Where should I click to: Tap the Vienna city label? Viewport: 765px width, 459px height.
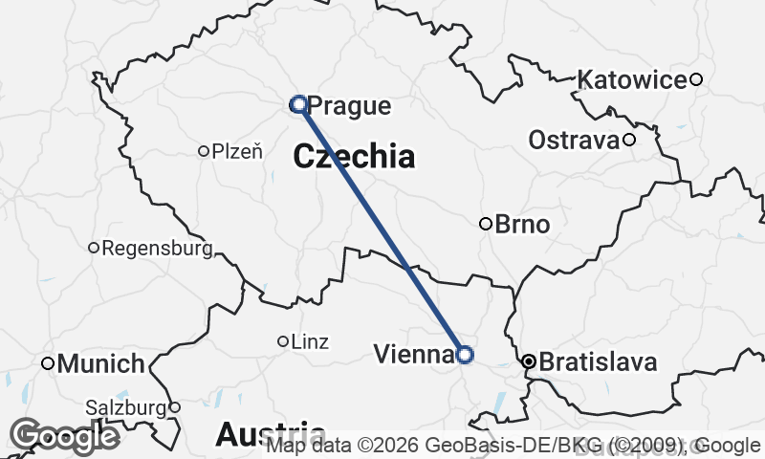[413, 355]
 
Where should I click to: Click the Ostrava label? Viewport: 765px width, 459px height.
[574, 141]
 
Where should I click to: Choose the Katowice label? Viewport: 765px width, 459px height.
[633, 79]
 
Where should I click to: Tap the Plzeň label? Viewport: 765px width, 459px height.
[237, 150]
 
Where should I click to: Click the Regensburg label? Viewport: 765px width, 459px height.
[156, 249]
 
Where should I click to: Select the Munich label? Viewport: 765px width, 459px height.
[101, 364]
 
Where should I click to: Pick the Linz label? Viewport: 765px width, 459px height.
[310, 341]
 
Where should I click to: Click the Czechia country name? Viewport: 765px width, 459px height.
[355, 157]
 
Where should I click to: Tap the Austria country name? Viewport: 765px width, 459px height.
[270, 434]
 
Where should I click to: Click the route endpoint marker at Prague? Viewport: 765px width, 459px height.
[298, 103]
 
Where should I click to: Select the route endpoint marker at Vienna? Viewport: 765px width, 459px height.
[465, 355]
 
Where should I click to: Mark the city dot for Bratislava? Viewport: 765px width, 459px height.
[528, 362]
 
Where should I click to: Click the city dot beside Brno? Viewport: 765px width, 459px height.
[486, 225]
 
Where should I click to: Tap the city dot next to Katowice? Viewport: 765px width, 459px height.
[697, 79]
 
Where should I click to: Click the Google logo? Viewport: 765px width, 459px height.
[65, 436]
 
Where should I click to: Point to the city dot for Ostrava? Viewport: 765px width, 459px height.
[629, 141]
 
